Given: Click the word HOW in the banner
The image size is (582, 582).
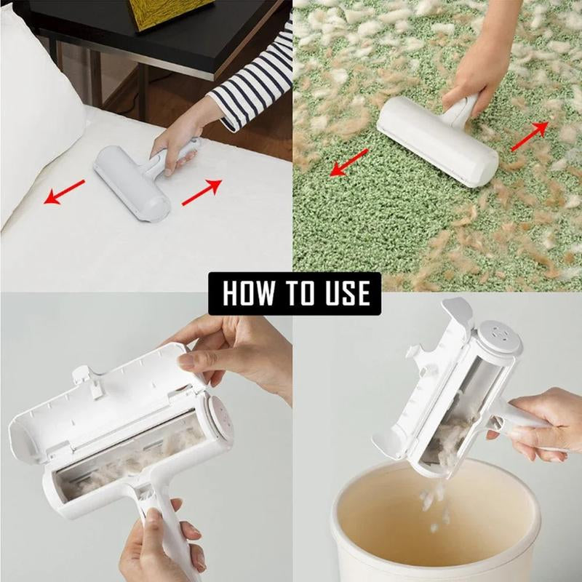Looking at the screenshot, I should point(248,293).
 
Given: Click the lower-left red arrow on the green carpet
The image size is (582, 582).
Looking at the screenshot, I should point(348,164).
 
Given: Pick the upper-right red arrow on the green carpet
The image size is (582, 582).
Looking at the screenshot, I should point(529,136).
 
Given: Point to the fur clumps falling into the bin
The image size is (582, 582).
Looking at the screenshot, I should point(434,502).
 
